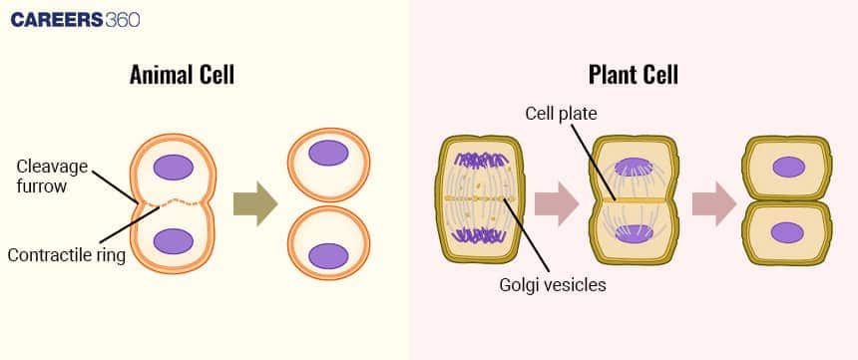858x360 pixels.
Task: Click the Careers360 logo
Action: [x=75, y=19]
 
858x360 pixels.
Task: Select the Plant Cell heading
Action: [x=634, y=76]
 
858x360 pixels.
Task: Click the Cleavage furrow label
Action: [x=51, y=176]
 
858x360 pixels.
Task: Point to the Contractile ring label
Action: [x=66, y=255]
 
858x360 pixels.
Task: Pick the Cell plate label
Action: [x=561, y=114]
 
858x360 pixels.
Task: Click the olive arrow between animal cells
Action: [x=254, y=203]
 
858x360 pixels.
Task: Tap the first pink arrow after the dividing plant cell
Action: [x=556, y=203]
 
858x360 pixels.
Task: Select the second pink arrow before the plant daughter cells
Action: [x=713, y=203]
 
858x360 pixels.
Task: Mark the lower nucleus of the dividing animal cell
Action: [x=174, y=241]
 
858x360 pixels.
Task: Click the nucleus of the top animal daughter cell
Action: [x=328, y=153]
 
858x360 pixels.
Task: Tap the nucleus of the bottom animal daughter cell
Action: [x=328, y=256]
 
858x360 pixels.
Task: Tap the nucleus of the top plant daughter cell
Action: [x=788, y=167]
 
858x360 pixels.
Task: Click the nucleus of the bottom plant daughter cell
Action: [x=788, y=233]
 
